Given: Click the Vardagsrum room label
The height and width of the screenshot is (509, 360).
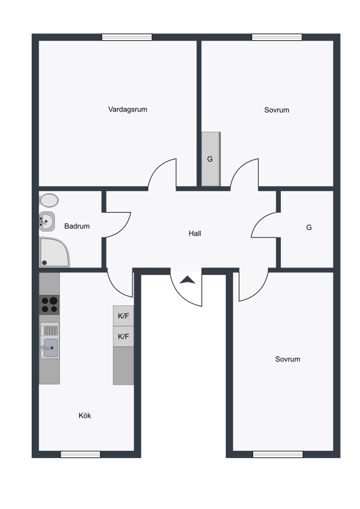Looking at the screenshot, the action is coord(128,109).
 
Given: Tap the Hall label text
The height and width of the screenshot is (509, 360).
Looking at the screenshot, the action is coord(195,234).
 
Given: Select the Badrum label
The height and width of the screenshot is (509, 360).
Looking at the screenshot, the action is coord(77,226).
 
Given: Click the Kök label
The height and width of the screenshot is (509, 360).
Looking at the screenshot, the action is coord(85,416).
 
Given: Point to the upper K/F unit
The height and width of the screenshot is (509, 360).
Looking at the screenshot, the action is coord(123,316).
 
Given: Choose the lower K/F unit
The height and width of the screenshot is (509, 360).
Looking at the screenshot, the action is coord(123,337).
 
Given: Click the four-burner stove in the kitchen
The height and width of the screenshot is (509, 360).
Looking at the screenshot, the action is coord(49,305).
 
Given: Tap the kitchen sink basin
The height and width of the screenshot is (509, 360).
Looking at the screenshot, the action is coord(51,347).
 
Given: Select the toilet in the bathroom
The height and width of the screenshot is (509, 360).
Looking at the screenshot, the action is coord(49,201).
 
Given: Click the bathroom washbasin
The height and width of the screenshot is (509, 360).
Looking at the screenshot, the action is coord(47,221).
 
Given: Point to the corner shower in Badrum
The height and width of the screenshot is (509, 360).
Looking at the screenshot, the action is coord(54,252).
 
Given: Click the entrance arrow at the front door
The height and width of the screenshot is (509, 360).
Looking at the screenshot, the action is coord(187,280).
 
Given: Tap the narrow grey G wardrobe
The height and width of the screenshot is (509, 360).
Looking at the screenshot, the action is coord(211,159).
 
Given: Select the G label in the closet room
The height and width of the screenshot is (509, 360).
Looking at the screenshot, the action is coord(309,227).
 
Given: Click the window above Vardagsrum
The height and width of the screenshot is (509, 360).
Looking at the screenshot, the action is coord(127,37).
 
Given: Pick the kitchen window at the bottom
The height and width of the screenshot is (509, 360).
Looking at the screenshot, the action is coord(80,455).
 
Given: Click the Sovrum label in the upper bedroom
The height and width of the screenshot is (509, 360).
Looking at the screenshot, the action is coord(277,110).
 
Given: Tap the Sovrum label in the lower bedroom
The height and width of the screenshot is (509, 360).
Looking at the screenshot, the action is coord(288,359).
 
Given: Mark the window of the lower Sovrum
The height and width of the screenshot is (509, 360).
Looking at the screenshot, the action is coord(278,455).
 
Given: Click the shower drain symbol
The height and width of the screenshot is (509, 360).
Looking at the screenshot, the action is coord(45,263).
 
